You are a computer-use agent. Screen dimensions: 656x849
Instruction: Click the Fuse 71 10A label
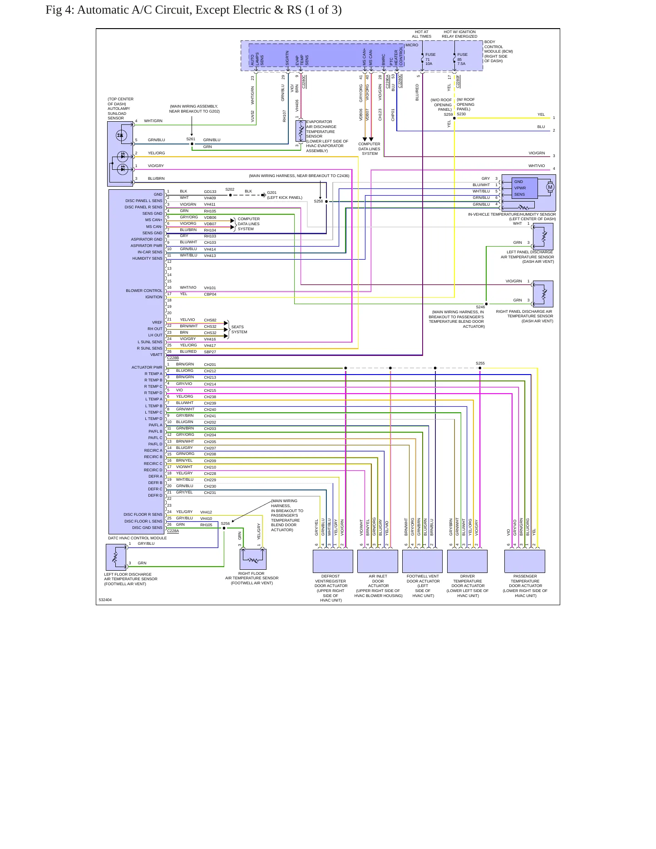click(430, 59)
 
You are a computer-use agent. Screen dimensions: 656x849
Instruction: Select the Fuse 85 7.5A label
click(462, 59)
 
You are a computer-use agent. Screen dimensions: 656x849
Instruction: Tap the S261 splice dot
click(192, 144)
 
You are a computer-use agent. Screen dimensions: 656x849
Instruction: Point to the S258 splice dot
click(326, 202)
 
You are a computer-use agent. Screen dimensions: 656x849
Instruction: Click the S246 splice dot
click(486, 304)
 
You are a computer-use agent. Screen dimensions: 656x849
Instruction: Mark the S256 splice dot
click(224, 528)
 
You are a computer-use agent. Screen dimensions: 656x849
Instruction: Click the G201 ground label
click(271, 193)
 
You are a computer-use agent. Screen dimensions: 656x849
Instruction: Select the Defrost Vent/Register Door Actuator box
click(333, 561)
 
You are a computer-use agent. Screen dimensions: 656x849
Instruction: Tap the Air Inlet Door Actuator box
click(378, 561)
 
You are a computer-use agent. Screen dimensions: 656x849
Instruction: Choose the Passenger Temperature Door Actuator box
click(525, 561)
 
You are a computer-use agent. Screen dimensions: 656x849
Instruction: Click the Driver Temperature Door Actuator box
click(467, 561)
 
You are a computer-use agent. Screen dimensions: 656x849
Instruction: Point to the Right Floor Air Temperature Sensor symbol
click(253, 559)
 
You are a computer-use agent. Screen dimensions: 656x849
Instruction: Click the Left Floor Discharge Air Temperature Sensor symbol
click(116, 557)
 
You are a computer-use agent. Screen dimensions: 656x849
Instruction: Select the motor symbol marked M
click(550, 188)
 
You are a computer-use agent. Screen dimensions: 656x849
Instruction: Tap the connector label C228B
click(173, 358)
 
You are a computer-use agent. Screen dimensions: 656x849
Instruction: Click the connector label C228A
click(173, 531)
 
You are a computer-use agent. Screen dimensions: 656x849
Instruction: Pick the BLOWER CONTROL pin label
click(144, 291)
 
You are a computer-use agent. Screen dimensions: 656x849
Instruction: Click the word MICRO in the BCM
click(412, 45)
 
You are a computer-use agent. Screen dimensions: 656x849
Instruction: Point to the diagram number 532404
click(105, 600)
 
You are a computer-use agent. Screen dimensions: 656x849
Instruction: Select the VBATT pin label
click(156, 355)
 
